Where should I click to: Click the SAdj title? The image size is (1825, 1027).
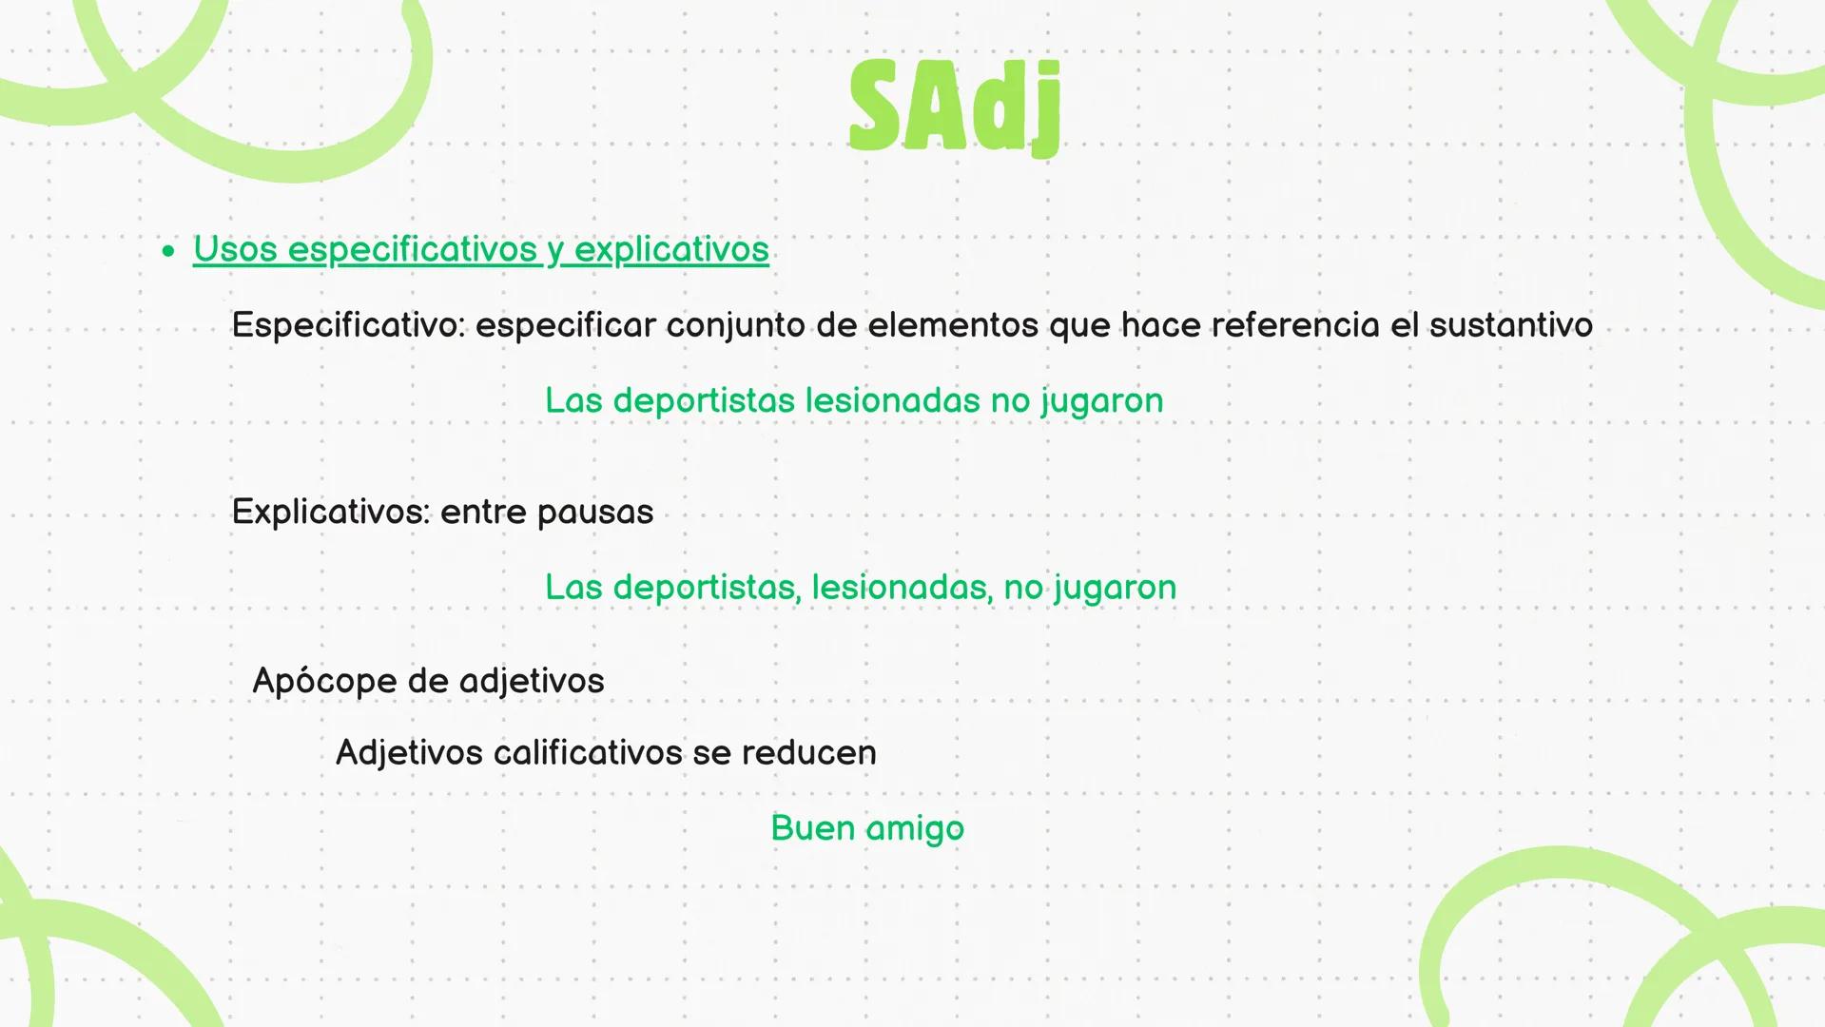pyautogui.click(x=954, y=107)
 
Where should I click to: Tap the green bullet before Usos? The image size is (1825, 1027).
pyautogui.click(x=168, y=251)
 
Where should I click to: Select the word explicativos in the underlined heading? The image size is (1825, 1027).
pyautogui.click(x=671, y=249)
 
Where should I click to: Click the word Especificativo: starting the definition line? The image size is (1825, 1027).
pyautogui.click(x=348, y=325)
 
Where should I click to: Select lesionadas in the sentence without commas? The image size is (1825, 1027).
pyautogui.click(x=892, y=400)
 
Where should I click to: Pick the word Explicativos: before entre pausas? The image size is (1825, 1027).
pyautogui.click(x=330, y=513)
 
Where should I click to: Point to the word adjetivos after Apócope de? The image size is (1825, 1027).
pyautogui.click(x=531, y=682)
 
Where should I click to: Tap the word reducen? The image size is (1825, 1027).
pyautogui.click(x=808, y=753)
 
